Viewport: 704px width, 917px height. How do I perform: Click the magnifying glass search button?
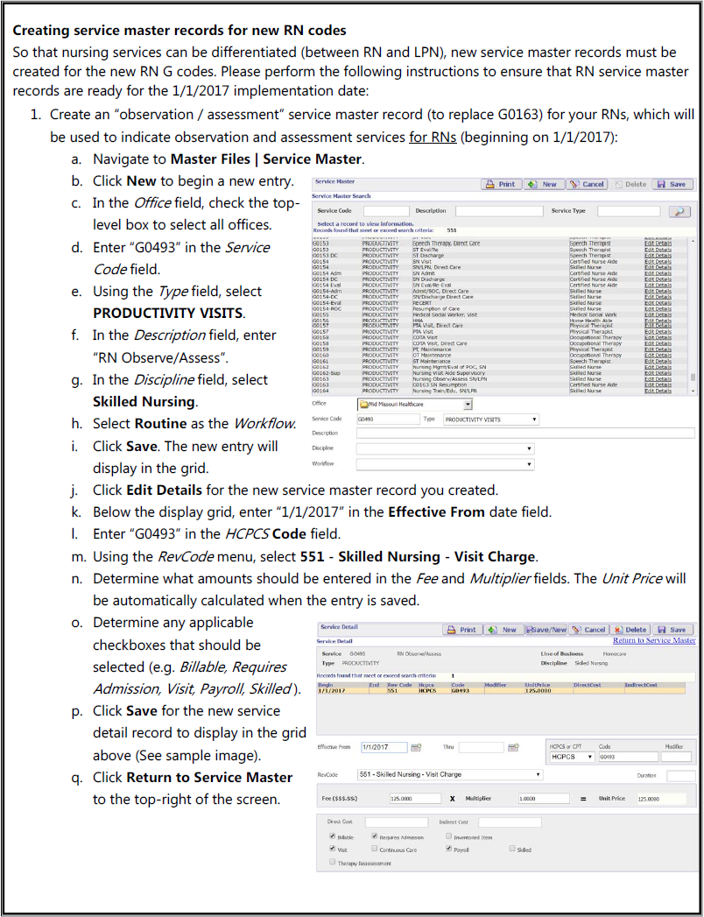(x=679, y=211)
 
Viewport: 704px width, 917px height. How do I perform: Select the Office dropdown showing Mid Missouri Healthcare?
(x=414, y=404)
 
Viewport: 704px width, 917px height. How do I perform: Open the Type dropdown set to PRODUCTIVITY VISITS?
(x=490, y=420)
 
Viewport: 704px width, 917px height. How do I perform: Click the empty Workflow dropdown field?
(x=444, y=463)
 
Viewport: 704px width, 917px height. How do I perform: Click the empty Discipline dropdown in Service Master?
(x=444, y=448)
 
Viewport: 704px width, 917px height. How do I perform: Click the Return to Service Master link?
(x=654, y=640)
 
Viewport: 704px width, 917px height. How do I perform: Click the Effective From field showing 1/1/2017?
(x=384, y=747)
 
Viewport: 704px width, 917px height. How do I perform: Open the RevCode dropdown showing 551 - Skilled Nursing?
(x=450, y=774)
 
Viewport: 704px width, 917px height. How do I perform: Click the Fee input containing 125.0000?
(x=414, y=799)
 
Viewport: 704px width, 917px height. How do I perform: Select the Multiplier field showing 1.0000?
(x=538, y=799)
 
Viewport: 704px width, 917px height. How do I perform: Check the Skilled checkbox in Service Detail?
(x=512, y=849)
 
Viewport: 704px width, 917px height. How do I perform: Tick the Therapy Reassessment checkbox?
(x=332, y=863)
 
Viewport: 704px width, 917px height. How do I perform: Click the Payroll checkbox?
(x=448, y=849)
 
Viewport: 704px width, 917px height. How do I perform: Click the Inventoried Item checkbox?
(x=448, y=836)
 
